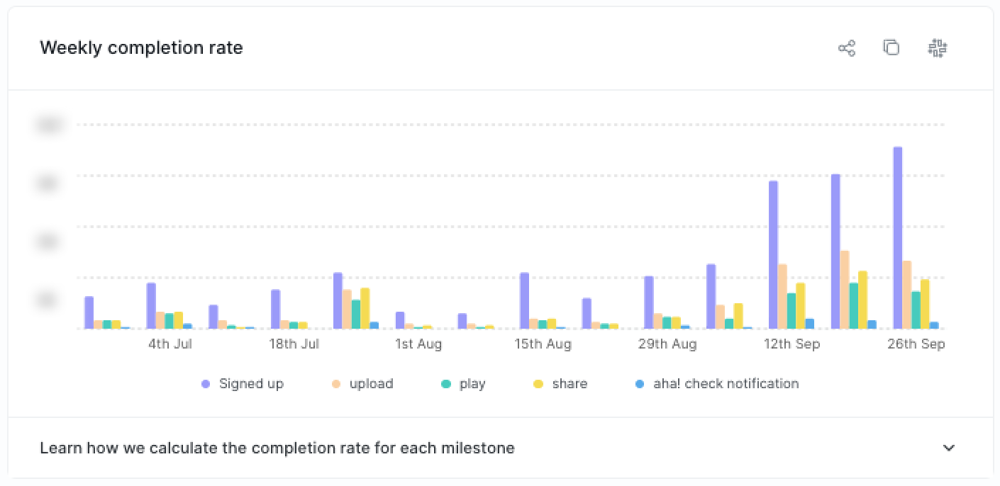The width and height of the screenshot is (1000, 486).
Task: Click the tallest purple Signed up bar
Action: [x=897, y=238]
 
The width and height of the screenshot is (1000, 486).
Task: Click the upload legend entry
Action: [x=362, y=384]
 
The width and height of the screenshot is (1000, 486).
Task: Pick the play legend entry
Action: [x=463, y=384]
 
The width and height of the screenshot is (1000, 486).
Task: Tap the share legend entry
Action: [x=560, y=384]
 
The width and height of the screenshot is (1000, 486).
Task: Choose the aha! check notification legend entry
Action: [x=717, y=384]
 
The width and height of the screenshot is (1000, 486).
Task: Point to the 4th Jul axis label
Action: [x=170, y=344]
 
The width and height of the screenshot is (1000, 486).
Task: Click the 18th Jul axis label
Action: [x=294, y=344]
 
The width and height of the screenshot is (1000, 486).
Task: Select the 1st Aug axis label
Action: [x=418, y=344]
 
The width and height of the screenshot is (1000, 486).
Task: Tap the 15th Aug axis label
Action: [x=543, y=344]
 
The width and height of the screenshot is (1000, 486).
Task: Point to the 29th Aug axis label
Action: [x=667, y=344]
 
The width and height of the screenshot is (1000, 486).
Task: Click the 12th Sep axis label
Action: [x=791, y=344]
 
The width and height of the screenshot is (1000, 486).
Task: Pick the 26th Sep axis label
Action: [x=916, y=344]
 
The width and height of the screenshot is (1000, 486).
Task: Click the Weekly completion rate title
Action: [x=141, y=48]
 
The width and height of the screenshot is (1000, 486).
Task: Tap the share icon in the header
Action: [x=847, y=48]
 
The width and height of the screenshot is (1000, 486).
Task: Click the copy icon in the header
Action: [x=891, y=48]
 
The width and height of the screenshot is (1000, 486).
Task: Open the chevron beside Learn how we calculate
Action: [x=949, y=448]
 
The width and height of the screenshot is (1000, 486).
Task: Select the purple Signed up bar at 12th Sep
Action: [x=773, y=255]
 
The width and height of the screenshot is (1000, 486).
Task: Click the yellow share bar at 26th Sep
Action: [x=924, y=304]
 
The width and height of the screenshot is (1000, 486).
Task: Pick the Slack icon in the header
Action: [x=938, y=48]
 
